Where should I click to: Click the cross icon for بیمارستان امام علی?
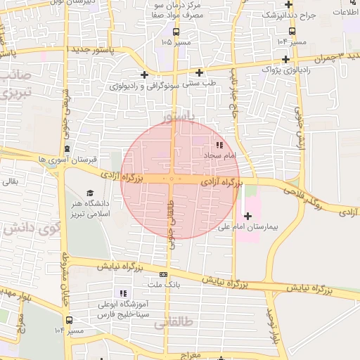[x=247, y=215]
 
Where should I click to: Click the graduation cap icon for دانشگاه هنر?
[x=89, y=193]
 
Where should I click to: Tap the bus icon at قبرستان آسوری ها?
[x=67, y=149]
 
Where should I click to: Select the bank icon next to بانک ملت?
[x=164, y=274]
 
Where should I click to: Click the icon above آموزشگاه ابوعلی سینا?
[x=123, y=292]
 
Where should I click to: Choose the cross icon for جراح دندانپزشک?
[x=292, y=31]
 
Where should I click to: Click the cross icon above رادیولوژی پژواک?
[x=285, y=59]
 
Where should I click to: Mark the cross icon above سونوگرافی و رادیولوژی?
[x=144, y=75]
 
